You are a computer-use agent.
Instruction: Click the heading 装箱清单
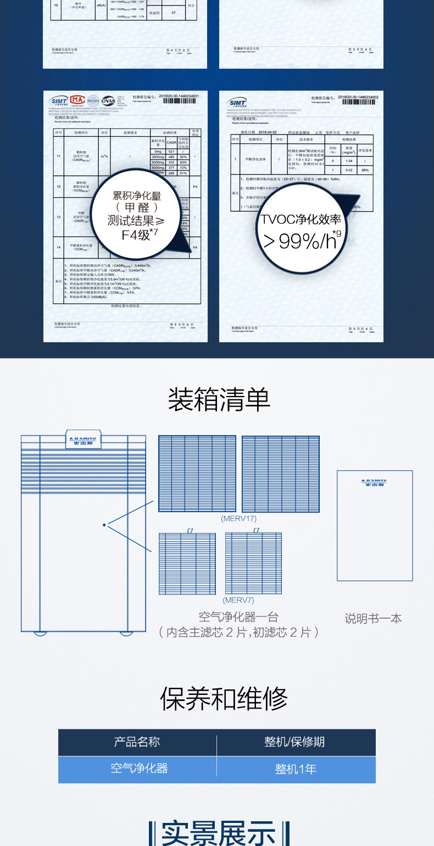coord(219,399)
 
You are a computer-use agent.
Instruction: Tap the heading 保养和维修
coord(224,699)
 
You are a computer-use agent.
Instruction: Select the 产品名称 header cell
coord(137,742)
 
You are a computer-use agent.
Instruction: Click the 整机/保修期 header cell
coord(294,742)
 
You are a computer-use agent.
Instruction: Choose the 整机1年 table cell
coord(296,769)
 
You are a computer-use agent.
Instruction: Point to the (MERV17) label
coord(238,518)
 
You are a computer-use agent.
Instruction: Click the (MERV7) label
coord(238,600)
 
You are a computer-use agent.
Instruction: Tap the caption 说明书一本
coord(374,619)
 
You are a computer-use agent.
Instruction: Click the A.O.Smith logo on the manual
coord(375,483)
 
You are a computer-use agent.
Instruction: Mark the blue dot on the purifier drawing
coord(104,525)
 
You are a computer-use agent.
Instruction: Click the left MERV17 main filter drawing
coord(197,474)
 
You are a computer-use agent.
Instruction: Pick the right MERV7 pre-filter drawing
coord(253,564)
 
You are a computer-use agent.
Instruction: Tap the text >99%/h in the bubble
coord(299,240)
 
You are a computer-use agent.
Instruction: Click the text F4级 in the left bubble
coord(136,235)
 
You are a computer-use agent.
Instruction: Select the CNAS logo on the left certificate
coord(108,100)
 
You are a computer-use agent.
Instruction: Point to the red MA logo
coord(77,100)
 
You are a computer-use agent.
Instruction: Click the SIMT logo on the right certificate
coord(237,102)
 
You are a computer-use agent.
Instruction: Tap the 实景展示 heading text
coord(219,833)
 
